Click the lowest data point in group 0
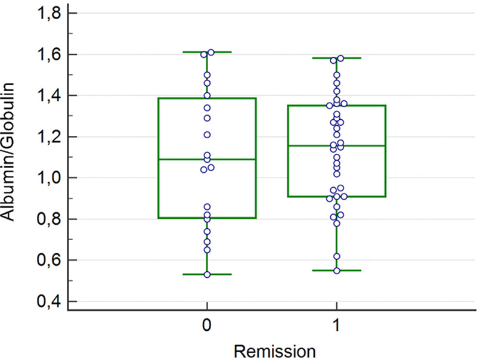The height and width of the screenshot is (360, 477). coord(207,274)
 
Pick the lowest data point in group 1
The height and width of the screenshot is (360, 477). coord(337,271)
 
